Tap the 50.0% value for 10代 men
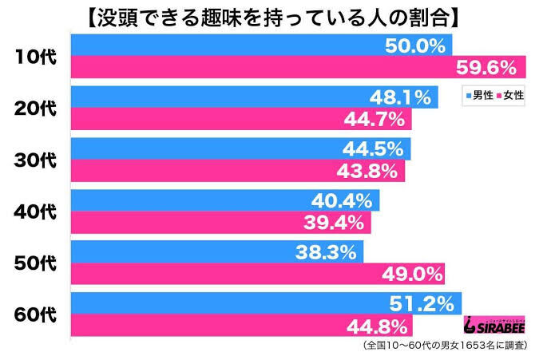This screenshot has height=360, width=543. pos(415,46)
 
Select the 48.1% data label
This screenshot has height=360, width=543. pos(401,98)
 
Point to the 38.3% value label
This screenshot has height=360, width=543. pos(327,253)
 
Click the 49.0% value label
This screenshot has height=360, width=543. pos(410,275)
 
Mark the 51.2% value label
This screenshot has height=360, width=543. pos(426,304)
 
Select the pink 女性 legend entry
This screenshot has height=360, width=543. pos(512,96)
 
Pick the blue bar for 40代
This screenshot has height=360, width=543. pos(224,201)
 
